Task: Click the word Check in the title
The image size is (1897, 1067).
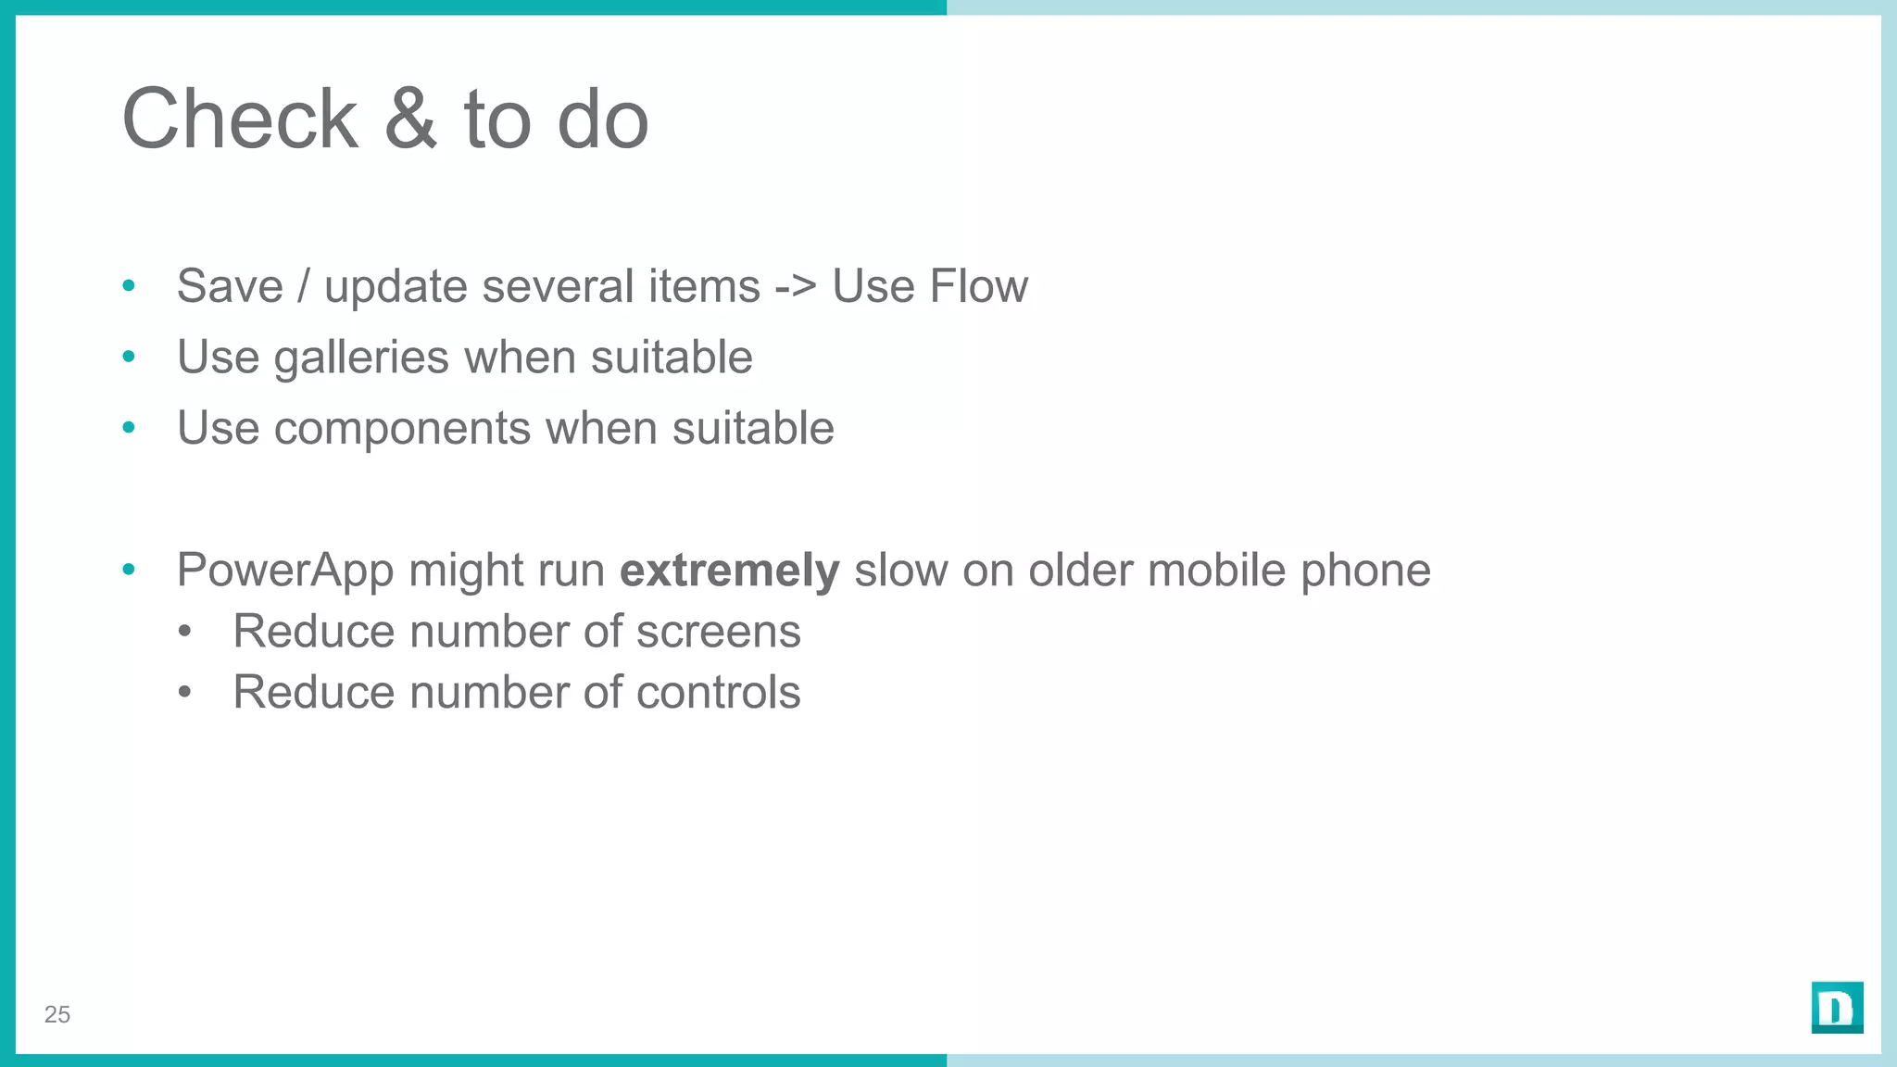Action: pos(240,119)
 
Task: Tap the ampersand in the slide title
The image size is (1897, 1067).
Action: pos(410,119)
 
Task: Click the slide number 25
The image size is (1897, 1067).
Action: pos(57,1015)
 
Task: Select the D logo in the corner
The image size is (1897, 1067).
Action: pos(1837,1008)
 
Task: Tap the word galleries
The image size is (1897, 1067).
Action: pos(361,358)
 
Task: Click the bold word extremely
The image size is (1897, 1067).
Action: pos(729,571)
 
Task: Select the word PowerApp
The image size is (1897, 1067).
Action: pos(284,571)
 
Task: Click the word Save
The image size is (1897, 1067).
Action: pos(230,286)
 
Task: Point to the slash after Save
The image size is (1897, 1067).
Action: pos(303,286)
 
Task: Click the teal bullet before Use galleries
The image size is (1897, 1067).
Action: pos(129,357)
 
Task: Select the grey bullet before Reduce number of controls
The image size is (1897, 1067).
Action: pos(185,693)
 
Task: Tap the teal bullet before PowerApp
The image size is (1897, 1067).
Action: pos(129,570)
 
